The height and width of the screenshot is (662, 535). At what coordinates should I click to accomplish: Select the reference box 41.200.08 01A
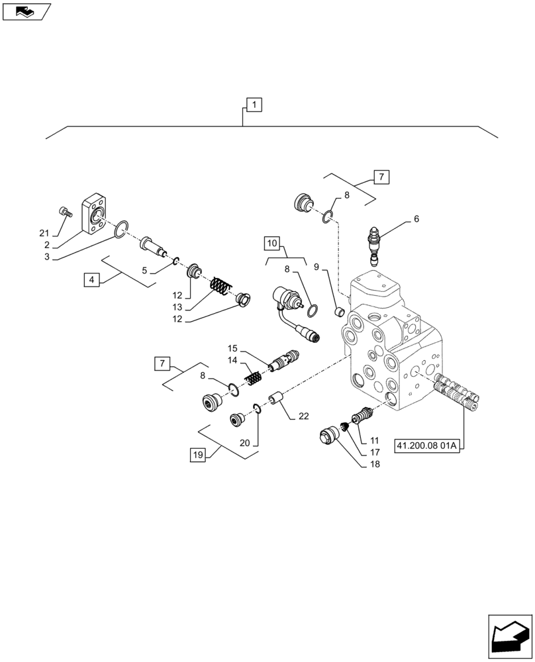tap(427, 446)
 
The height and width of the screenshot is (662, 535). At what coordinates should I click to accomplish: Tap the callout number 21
tap(44, 232)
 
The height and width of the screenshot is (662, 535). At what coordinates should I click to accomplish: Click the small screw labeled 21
tap(64, 211)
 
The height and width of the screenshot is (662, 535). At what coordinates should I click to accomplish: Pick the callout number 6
tap(416, 218)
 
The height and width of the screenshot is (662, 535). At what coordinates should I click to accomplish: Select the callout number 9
tap(316, 267)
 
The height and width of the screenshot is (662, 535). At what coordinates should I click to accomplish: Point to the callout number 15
tap(232, 348)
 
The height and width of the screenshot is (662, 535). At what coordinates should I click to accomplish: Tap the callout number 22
tap(303, 416)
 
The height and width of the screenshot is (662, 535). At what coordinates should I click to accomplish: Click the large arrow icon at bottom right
tap(509, 636)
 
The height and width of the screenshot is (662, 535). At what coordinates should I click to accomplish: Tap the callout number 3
tap(46, 256)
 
